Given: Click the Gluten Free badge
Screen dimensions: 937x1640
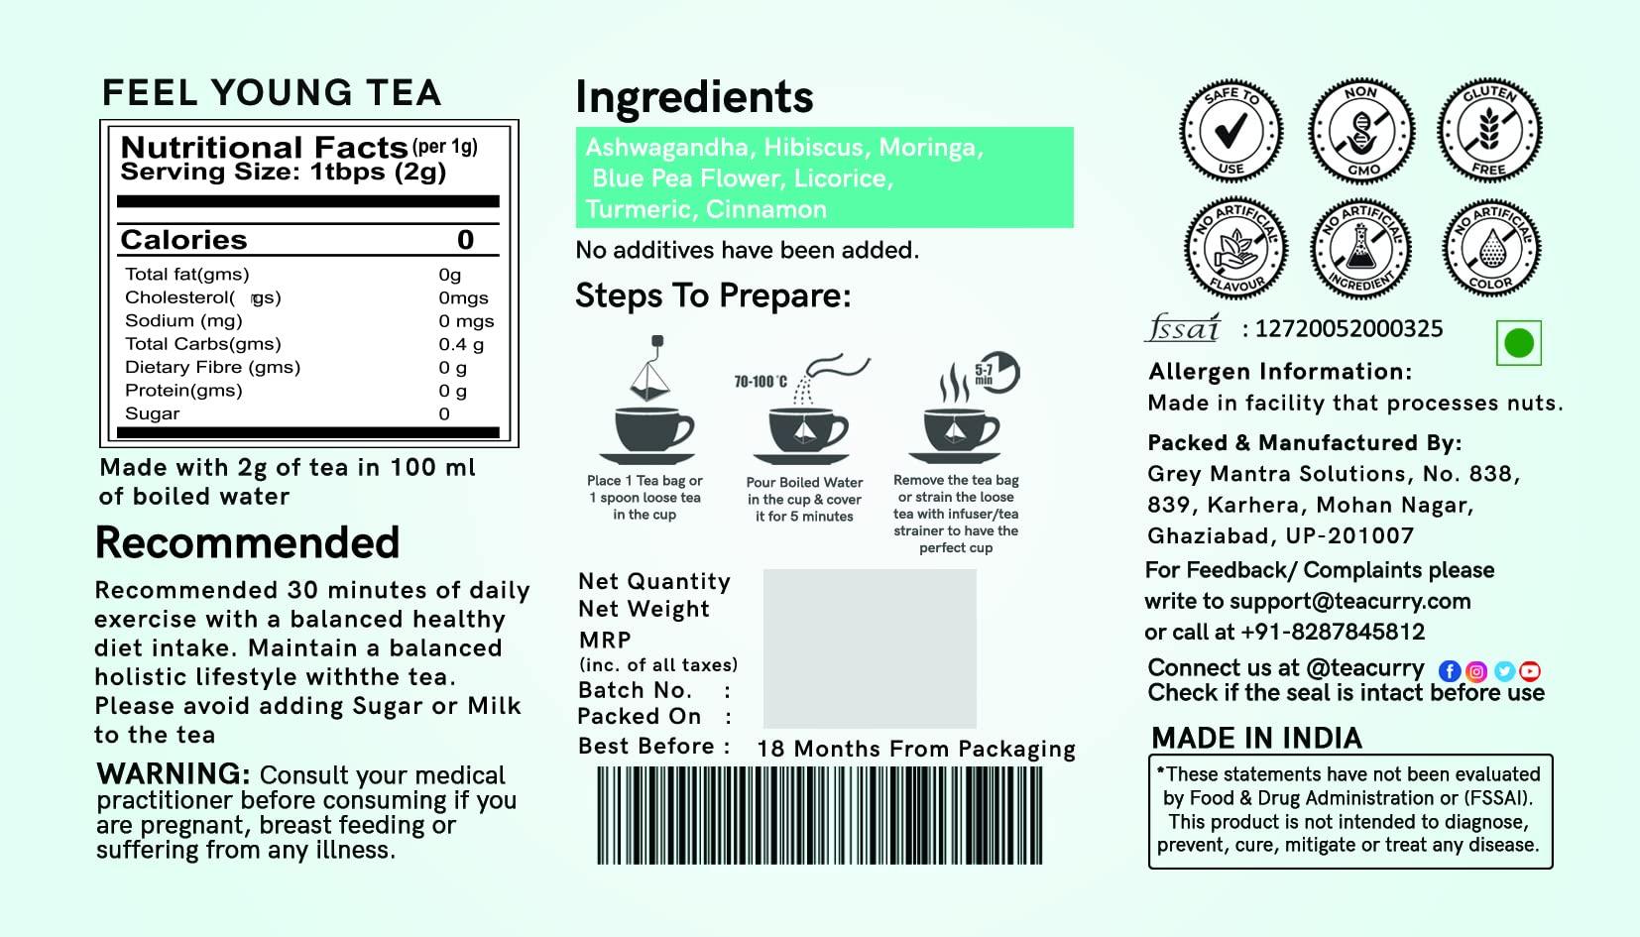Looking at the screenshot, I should click(1489, 131).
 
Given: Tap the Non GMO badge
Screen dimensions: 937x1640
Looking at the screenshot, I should click(1360, 131).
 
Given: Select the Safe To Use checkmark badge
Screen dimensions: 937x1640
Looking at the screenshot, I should click(1230, 131).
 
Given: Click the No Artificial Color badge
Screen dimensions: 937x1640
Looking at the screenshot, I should click(1489, 247).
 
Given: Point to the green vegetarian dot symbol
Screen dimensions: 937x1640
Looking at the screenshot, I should click(1518, 343).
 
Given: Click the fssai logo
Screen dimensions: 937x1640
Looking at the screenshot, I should click(1183, 328).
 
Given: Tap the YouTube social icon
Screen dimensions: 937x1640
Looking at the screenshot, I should click(1530, 671).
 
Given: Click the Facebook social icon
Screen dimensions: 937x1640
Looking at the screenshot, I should click(1449, 671).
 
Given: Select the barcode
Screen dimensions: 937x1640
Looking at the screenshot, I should click(819, 815).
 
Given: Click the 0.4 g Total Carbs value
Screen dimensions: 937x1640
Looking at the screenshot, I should click(461, 344).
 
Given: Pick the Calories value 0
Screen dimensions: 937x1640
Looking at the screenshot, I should click(465, 240).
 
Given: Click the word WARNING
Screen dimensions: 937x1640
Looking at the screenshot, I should click(173, 773).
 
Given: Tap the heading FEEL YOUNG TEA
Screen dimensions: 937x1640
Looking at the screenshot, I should click(272, 93).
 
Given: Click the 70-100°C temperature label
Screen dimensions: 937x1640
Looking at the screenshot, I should click(761, 382).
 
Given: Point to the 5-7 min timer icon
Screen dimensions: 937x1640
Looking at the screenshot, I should click(996, 373).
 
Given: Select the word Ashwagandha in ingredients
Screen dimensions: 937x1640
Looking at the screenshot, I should click(666, 148).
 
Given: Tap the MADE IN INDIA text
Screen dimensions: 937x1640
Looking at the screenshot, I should click(1256, 738).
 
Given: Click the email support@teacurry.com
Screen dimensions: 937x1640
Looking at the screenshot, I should click(1349, 601).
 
